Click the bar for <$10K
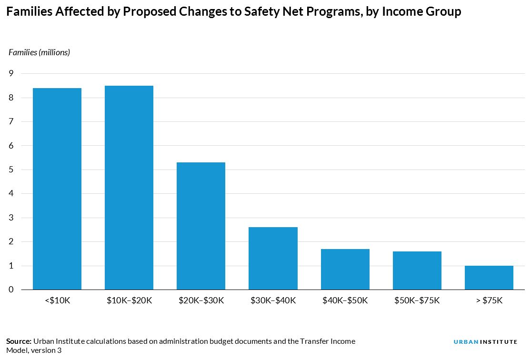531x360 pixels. (57, 189)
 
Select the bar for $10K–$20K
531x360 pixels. (129, 188)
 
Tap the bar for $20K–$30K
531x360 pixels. (201, 226)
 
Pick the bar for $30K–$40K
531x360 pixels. (273, 259)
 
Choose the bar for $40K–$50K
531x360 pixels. (345, 269)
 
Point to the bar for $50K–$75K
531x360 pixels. (417, 270)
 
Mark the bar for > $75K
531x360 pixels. (489, 278)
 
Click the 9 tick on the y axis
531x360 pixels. (11, 73)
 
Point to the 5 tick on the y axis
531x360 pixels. (11, 170)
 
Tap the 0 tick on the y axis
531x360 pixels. (11, 290)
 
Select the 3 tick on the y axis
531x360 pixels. (11, 218)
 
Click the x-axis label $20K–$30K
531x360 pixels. (201, 301)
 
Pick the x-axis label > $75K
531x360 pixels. (489, 301)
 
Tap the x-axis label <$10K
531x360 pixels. (57, 301)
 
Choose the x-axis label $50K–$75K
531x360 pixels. (417, 301)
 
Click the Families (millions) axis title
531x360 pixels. (40, 52)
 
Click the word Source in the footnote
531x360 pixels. (18, 341)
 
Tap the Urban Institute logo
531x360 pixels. (485, 342)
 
